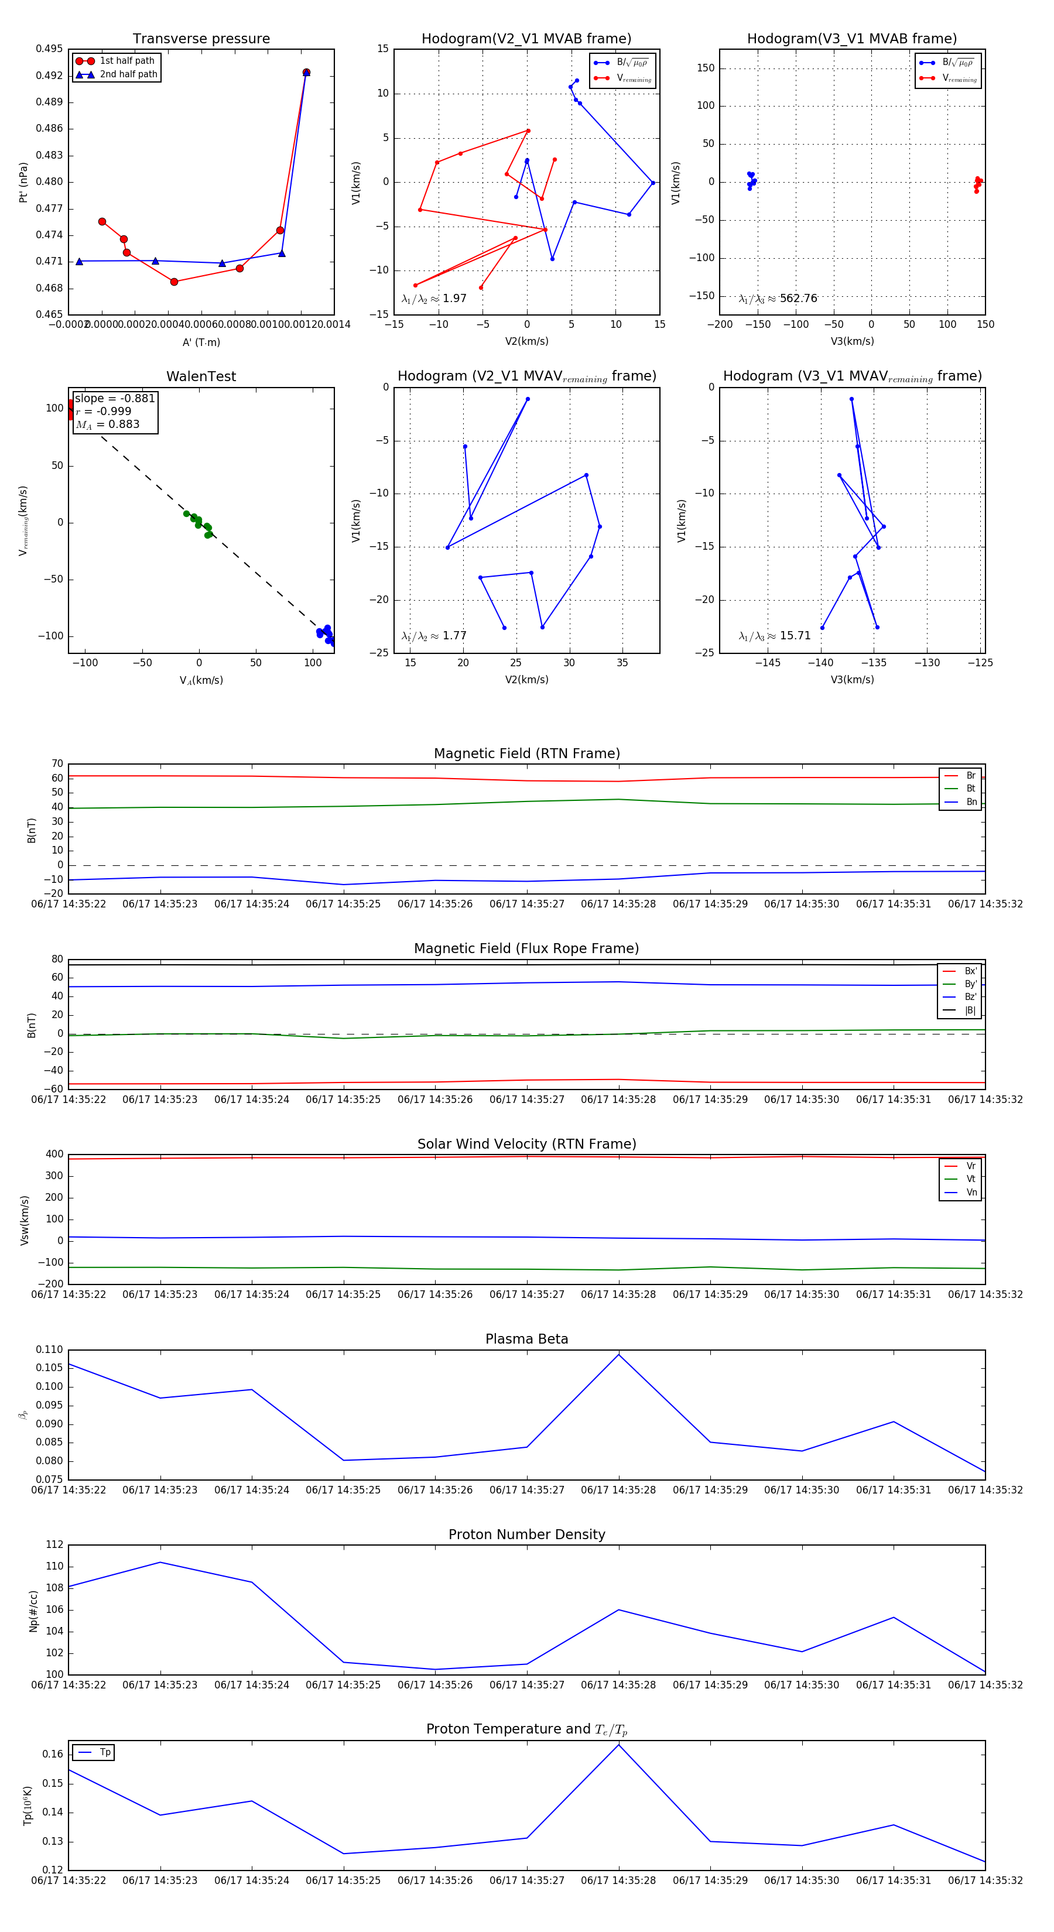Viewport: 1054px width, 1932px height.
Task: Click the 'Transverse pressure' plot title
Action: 201,39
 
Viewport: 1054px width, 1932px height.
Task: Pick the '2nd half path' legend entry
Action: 128,74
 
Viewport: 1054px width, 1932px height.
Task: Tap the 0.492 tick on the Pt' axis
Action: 50,76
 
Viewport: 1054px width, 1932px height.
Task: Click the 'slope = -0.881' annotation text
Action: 115,398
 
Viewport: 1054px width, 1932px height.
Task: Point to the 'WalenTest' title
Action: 201,376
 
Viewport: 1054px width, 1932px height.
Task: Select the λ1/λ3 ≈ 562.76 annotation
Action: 778,299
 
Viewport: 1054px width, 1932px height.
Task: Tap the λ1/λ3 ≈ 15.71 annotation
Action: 774,636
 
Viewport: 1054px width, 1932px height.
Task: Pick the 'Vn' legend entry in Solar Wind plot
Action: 971,1193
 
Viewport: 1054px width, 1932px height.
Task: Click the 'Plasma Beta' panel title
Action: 526,1340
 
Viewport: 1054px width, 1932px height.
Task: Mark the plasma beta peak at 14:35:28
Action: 619,1355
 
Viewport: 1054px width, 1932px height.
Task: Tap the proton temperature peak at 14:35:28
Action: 619,1745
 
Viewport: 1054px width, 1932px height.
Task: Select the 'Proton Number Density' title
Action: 526,1534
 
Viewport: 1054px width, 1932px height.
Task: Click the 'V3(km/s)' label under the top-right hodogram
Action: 852,341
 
